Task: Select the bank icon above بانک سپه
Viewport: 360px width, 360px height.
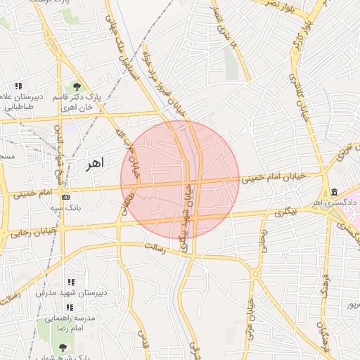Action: pyautogui.click(x=66, y=197)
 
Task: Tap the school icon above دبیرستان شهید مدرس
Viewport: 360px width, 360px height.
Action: pyautogui.click(x=70, y=282)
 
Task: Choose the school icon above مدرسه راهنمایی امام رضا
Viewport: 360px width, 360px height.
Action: pyautogui.click(x=70, y=307)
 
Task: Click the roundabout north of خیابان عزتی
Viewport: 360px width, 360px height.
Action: pyautogui.click(x=256, y=273)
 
